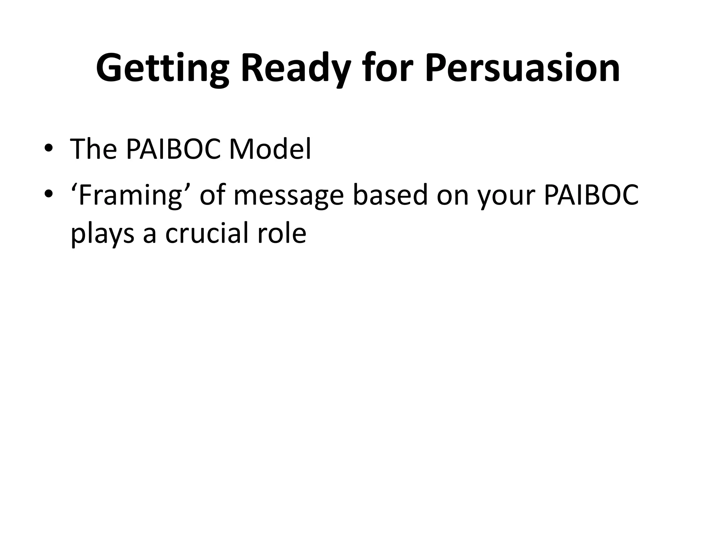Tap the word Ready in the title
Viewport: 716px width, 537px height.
[296, 68]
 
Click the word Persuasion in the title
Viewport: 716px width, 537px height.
[522, 68]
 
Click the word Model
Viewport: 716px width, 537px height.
[269, 149]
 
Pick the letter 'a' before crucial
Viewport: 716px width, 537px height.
[149, 234]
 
